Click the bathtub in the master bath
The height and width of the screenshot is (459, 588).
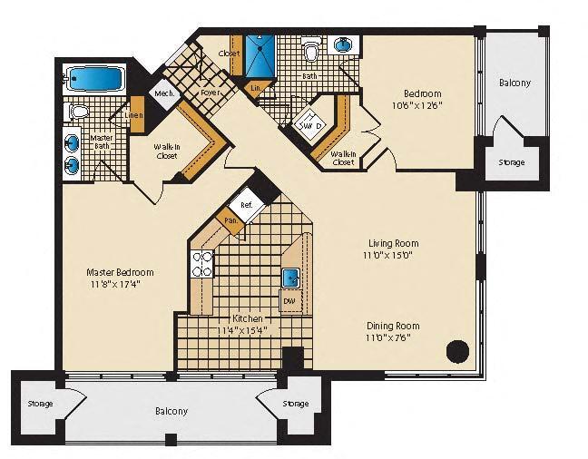click(x=94, y=79)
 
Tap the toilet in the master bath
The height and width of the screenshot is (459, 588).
click(x=78, y=112)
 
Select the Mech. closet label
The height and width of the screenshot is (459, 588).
click(x=163, y=93)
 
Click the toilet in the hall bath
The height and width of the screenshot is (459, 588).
click(x=311, y=52)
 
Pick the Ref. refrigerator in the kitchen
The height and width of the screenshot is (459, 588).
click(x=246, y=205)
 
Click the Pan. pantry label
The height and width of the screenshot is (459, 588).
click(x=230, y=220)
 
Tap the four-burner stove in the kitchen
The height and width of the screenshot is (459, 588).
click(x=201, y=264)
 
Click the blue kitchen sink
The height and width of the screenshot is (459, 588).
click(x=290, y=278)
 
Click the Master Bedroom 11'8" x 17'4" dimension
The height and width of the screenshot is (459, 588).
click(x=120, y=284)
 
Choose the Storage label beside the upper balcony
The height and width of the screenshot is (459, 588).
click(x=511, y=163)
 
